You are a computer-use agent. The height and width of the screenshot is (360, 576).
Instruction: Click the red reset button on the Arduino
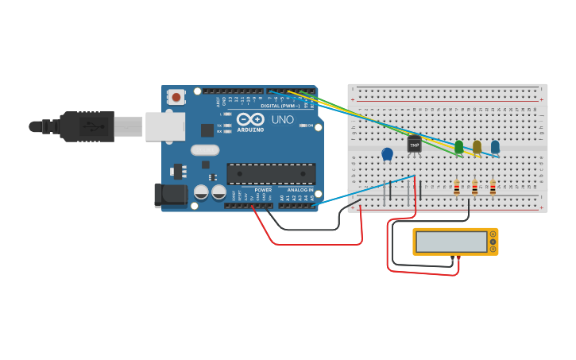coord(176,97)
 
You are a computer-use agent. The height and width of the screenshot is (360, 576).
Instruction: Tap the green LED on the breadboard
coord(459,147)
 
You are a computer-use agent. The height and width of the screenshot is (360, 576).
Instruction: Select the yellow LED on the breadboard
coord(477,147)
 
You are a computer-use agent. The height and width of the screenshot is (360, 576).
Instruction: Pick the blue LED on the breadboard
coord(495,147)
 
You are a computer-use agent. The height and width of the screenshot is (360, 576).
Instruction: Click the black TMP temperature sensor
coord(414,144)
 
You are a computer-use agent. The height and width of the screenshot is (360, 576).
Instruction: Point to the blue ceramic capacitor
coord(388,154)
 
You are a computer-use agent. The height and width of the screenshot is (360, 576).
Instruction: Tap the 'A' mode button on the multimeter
coord(493,234)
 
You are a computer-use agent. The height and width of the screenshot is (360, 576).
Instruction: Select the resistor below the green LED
coord(457,188)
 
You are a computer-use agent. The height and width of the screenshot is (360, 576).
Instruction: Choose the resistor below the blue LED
coord(493,188)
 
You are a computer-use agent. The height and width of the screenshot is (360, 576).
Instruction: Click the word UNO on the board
coord(283,120)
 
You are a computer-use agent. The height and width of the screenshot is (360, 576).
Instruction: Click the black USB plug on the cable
coord(87,126)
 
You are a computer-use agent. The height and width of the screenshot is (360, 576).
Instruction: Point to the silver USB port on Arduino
coord(164,126)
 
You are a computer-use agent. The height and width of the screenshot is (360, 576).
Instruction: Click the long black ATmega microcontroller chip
coord(271,173)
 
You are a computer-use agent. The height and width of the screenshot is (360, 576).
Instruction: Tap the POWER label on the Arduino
coord(263,190)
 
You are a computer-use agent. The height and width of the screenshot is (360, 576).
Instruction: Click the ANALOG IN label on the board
coord(300,190)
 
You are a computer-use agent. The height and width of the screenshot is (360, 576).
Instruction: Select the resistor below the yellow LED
coord(475,188)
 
